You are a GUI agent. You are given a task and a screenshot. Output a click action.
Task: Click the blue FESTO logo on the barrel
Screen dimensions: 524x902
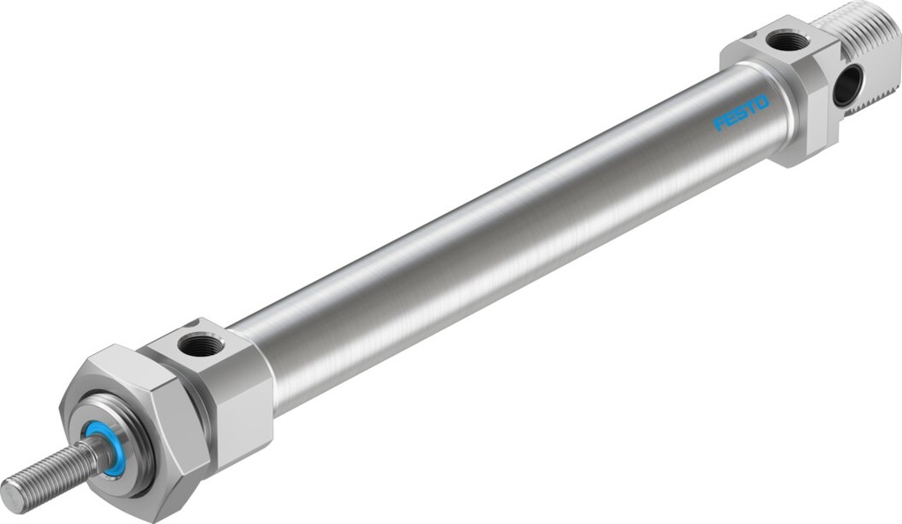[x=741, y=114]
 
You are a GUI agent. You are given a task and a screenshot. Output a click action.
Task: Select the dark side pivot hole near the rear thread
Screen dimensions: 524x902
[x=847, y=85]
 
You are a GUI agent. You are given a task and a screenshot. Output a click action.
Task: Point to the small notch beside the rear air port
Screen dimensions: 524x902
[x=746, y=37]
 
